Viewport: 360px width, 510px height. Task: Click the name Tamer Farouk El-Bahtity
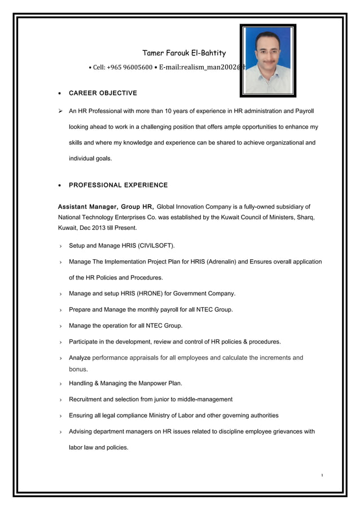[x=183, y=53]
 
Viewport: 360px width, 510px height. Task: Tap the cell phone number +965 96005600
[x=130, y=68]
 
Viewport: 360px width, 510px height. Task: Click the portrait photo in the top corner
[x=267, y=60]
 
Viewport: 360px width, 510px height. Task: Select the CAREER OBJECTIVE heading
[x=103, y=93]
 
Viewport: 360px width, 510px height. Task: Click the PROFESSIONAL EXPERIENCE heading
[x=118, y=185]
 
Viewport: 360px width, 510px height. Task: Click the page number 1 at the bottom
[x=322, y=475]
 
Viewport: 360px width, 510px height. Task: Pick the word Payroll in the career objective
[x=302, y=111]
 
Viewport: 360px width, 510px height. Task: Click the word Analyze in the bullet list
[x=80, y=358]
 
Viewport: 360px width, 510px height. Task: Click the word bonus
[x=78, y=369]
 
